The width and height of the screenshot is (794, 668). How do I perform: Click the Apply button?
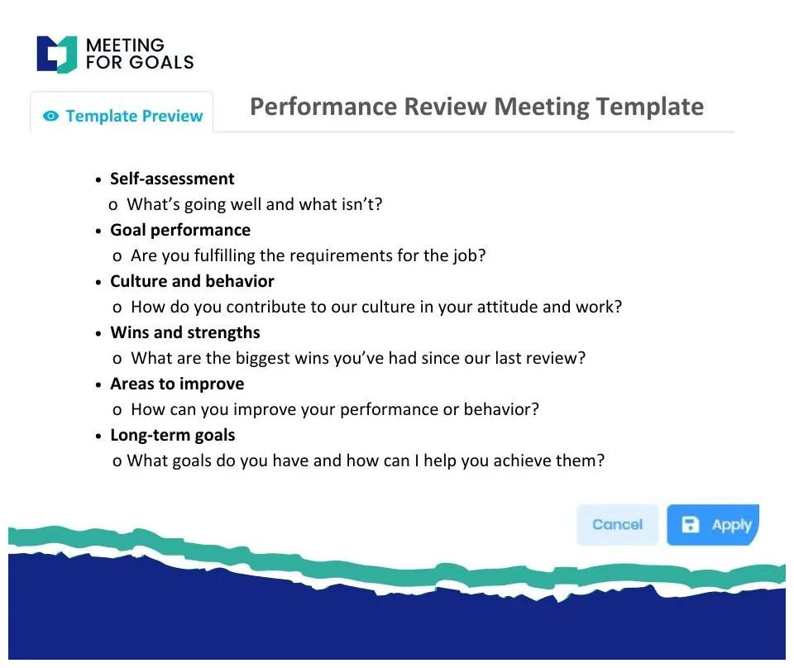[712, 525]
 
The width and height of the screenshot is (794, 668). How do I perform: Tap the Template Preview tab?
[122, 116]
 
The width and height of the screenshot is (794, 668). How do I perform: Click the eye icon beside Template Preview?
[51, 117]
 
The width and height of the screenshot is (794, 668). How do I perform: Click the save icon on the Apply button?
[690, 525]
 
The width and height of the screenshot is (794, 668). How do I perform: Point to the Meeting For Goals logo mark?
[57, 54]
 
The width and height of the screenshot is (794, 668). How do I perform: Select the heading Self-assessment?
[172, 179]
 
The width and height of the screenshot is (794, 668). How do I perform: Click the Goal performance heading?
[180, 230]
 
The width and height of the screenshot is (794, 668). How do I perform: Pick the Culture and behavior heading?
[192, 281]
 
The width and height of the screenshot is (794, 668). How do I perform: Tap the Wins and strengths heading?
[185, 332]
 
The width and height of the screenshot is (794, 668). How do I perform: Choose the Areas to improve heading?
[177, 384]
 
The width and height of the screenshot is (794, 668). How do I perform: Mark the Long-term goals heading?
[173, 435]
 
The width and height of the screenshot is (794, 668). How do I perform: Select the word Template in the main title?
[649, 107]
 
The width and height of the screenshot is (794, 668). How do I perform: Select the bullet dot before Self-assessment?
[99, 179]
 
